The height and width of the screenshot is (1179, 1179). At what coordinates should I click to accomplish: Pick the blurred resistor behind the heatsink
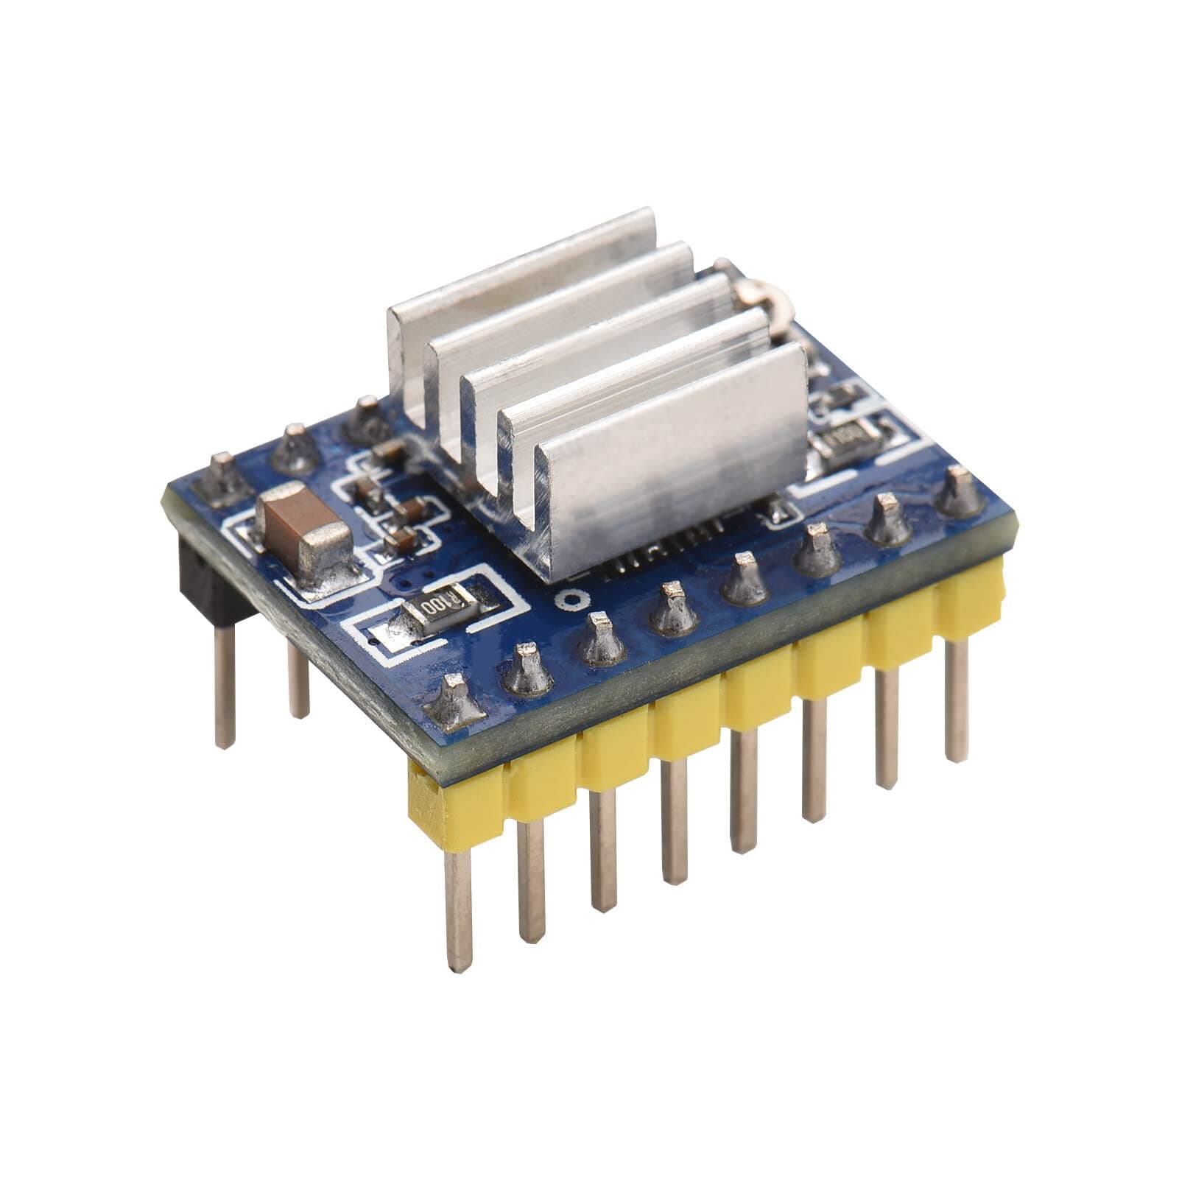click(847, 441)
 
